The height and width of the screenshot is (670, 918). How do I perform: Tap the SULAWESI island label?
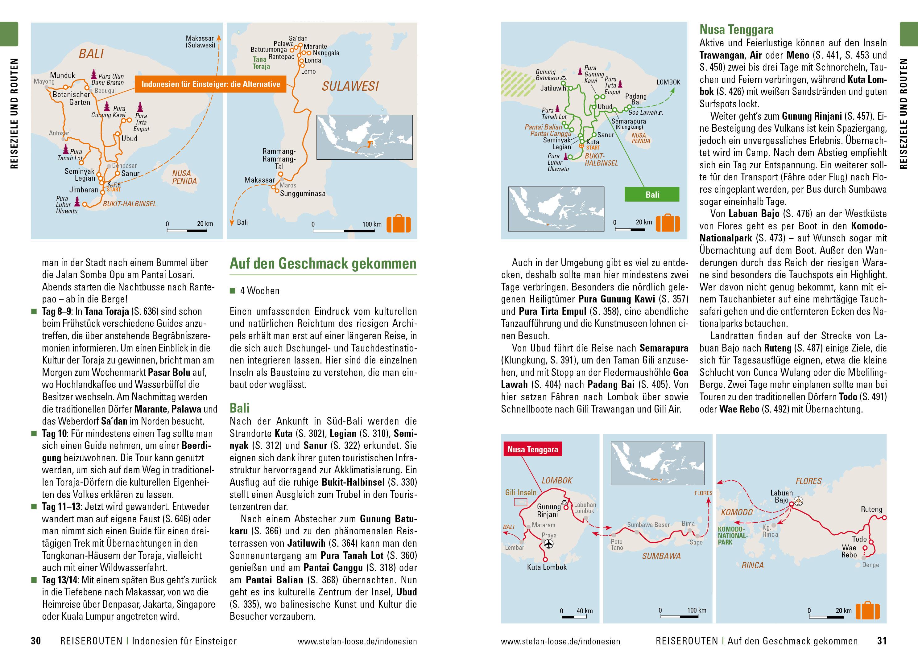tap(350, 86)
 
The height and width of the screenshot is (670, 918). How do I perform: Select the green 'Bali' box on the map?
tap(652, 195)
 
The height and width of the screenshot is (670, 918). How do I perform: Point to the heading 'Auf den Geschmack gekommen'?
tap(323, 264)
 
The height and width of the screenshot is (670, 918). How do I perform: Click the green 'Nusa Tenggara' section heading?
tap(730, 30)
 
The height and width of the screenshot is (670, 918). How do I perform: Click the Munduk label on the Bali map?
tap(63, 76)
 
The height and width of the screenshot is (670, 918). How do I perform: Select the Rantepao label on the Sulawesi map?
tap(281, 57)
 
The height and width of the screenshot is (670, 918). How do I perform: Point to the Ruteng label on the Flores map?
tap(871, 509)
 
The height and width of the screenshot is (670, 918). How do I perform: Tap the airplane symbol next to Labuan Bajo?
tap(798, 501)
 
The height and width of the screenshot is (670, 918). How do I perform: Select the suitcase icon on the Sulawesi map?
tap(398, 224)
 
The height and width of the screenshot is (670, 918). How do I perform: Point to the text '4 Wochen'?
tap(260, 291)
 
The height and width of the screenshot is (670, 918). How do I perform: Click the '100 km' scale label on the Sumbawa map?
tap(697, 610)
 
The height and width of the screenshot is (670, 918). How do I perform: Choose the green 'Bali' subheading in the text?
tap(239, 408)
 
